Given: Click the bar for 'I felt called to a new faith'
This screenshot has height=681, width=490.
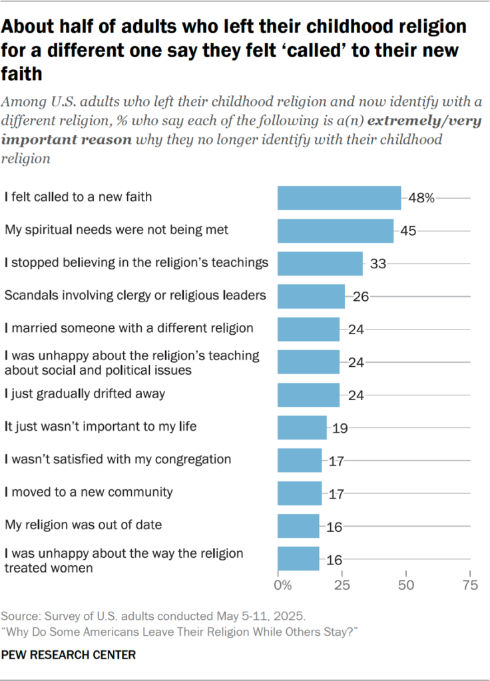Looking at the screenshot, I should pyautogui.click(x=339, y=198).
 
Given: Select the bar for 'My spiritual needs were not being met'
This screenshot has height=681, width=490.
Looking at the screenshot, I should pyautogui.click(x=335, y=230).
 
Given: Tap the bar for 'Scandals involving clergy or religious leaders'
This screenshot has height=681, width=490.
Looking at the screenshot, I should pyautogui.click(x=310, y=296).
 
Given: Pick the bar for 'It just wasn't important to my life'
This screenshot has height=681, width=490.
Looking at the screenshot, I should pyautogui.click(x=302, y=427).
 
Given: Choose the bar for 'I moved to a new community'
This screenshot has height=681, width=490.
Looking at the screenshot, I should pyautogui.click(x=299, y=493).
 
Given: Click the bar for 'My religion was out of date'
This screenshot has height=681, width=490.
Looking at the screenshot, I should pyautogui.click(x=298, y=526).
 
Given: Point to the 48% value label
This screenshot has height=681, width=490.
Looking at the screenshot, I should pyautogui.click(x=421, y=198).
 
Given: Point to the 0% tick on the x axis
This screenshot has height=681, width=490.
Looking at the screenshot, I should pyautogui.click(x=282, y=586).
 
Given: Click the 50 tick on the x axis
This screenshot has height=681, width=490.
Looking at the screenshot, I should pyautogui.click(x=405, y=586).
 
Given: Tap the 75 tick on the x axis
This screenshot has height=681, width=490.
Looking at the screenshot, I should pyautogui.click(x=469, y=586).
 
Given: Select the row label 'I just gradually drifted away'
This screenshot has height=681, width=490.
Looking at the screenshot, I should pyautogui.click(x=85, y=394).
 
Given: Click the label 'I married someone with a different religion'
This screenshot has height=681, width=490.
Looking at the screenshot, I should pyautogui.click(x=128, y=328).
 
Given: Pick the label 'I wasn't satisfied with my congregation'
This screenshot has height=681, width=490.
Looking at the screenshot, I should pyautogui.click(x=118, y=459).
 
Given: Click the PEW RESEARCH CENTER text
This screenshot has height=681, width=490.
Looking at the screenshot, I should pyautogui.click(x=69, y=655).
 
